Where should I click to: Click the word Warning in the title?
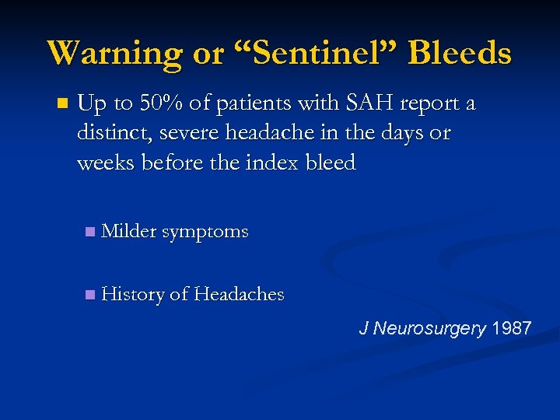tap(114, 54)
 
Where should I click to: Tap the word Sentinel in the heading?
tap(311, 54)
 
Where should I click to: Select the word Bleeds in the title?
tap(460, 54)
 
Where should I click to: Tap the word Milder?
tap(129, 231)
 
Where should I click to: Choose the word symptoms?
tap(205, 232)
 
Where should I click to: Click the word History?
tap(133, 294)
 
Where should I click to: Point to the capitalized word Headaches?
tap(239, 294)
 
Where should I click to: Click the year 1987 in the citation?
tap(512, 328)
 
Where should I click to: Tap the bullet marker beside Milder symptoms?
tap(90, 232)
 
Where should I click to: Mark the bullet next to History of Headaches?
tap(90, 295)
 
